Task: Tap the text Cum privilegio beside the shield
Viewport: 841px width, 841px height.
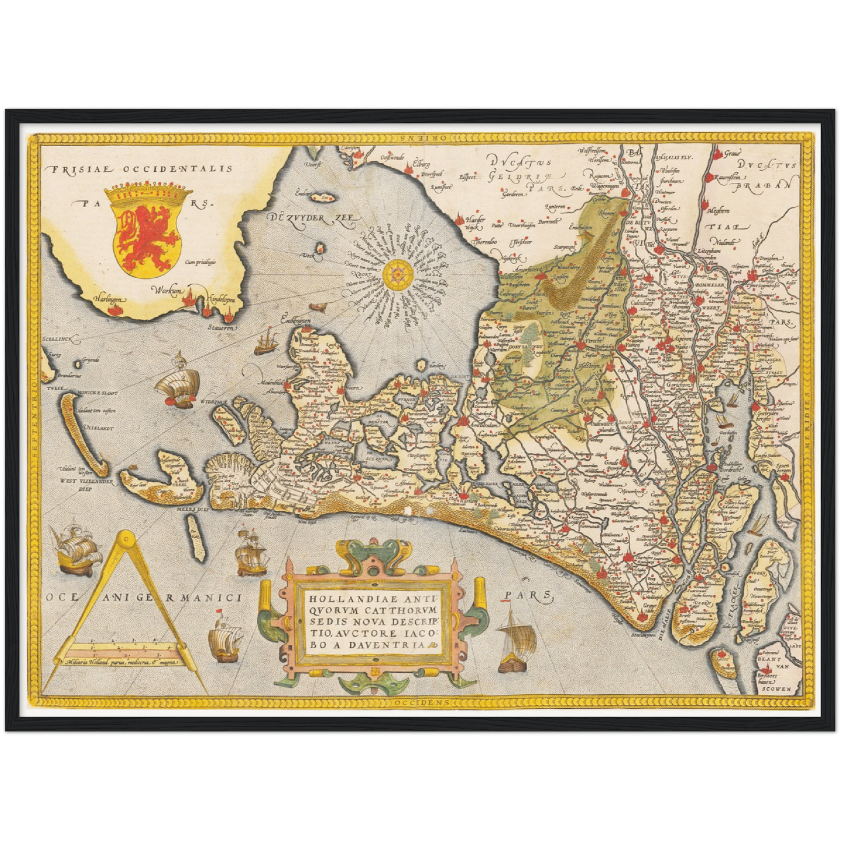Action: tap(200, 262)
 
